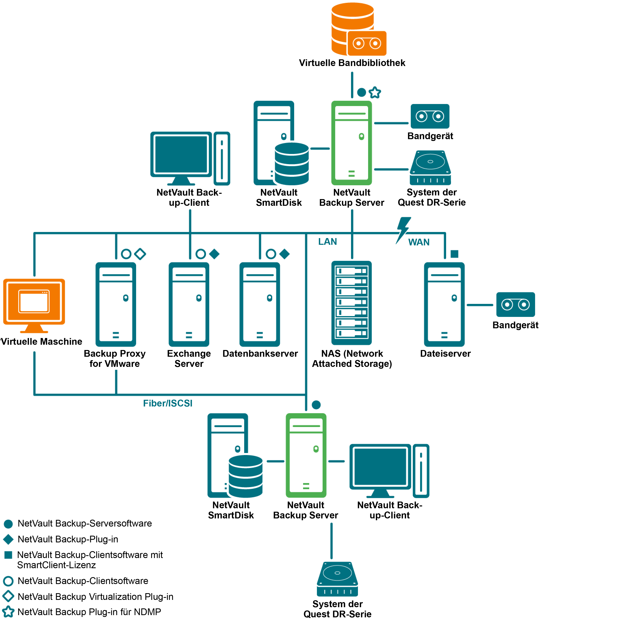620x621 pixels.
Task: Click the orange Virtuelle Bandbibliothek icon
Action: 358,30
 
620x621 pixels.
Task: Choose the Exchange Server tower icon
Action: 189,304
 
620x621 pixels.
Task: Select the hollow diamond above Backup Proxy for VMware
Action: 140,254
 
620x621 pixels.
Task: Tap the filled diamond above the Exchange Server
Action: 214,254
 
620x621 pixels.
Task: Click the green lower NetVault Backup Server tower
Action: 306,455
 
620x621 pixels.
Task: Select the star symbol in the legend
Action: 8,612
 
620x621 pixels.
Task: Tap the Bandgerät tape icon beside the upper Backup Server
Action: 430,116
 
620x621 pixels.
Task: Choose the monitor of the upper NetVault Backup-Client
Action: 181,155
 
